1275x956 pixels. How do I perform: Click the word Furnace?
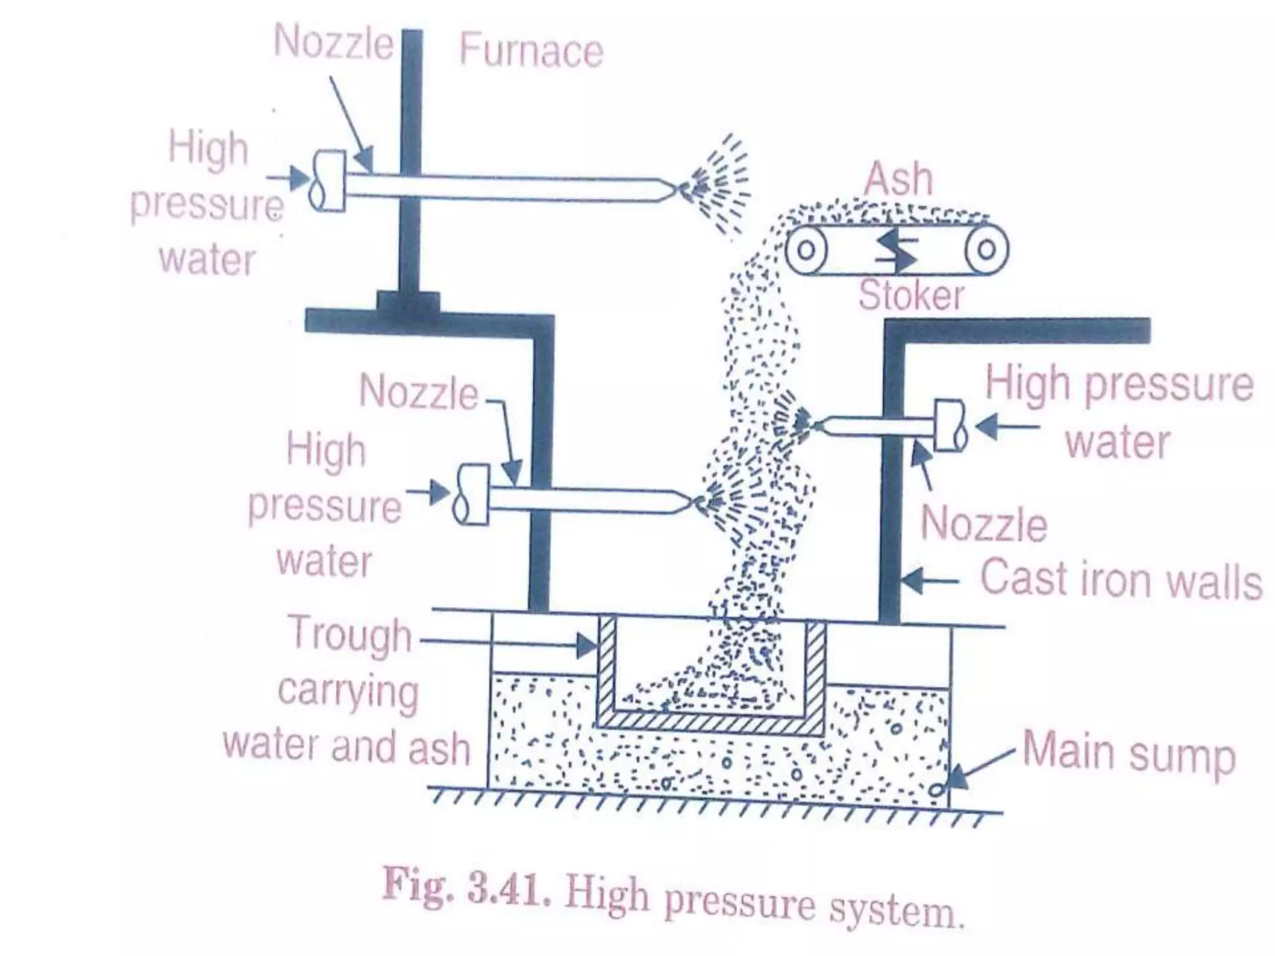tap(531, 50)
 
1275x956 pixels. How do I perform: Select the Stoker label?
tap(911, 295)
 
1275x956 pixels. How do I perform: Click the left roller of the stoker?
tap(806, 250)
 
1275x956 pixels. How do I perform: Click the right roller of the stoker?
tap(986, 250)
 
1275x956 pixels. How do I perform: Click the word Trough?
tap(351, 634)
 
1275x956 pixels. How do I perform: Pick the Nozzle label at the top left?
tap(333, 42)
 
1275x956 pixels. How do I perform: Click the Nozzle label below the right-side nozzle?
tap(984, 524)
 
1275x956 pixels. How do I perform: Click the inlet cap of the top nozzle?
tap(327, 181)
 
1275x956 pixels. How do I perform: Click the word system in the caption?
tap(896, 910)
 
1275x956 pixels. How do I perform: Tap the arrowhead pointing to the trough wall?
tap(588, 645)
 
